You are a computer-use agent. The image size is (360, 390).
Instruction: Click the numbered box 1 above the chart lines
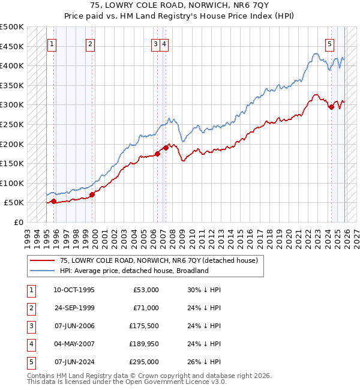(x=52, y=43)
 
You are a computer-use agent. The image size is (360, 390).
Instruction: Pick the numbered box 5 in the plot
(x=330, y=43)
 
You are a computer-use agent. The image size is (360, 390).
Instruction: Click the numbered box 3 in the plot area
(x=156, y=43)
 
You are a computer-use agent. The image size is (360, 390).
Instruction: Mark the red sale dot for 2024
(x=331, y=107)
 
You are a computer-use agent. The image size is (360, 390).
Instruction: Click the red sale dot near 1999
(x=92, y=194)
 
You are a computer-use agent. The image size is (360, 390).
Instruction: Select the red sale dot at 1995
(x=54, y=202)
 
